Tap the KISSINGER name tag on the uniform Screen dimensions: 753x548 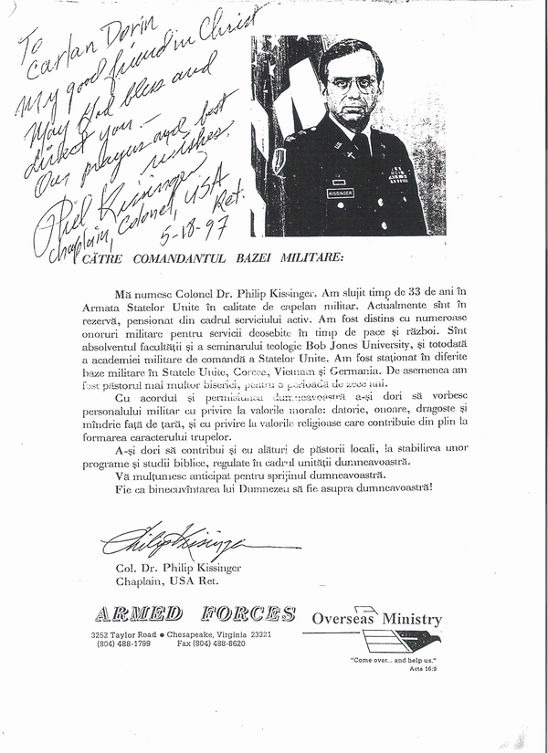coord(339,193)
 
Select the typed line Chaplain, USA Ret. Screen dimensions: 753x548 coord(167,580)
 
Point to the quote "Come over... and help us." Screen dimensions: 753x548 coord(394,659)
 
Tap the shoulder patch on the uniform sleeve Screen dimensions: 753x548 coord(279,160)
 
